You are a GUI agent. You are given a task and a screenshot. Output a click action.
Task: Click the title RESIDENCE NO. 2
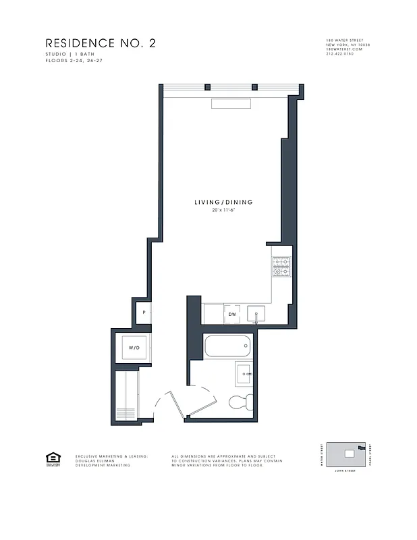pos(100,43)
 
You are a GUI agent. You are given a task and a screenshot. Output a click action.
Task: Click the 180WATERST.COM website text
pos(344,49)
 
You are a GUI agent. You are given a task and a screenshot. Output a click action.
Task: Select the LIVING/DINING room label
pos(223,202)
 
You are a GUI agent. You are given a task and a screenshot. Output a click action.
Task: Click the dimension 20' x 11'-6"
pos(223,211)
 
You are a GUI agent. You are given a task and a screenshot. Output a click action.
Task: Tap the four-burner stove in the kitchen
pos(281,268)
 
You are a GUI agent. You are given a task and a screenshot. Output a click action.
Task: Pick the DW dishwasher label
pos(231,315)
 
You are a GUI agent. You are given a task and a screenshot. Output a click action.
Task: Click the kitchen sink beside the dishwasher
pos(256,315)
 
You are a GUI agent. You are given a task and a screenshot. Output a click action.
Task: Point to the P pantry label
pos(144,313)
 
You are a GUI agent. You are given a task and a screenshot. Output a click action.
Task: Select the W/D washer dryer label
pos(134,348)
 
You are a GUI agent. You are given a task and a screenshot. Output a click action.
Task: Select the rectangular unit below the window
pos(231,103)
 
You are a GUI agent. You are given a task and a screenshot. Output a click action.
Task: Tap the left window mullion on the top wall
pos(208,87)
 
